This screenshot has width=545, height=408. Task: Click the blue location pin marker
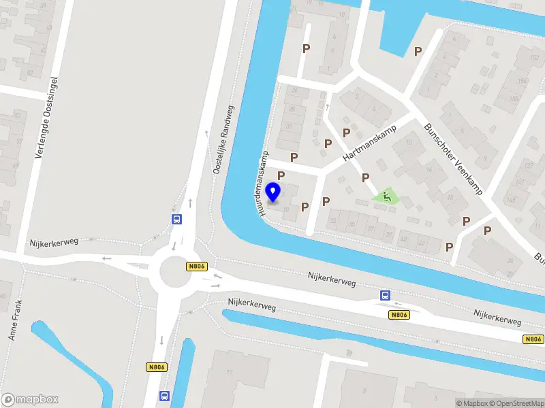tap(275, 192)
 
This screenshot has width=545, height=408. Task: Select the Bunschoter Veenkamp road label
tap(453, 158)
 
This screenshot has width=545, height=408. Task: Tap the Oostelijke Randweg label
tap(223, 139)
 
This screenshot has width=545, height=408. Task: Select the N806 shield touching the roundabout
tap(196, 267)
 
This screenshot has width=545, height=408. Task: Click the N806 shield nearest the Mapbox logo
tap(157, 367)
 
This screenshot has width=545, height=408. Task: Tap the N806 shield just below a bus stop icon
tap(399, 315)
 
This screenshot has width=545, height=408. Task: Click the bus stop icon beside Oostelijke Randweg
tap(176, 219)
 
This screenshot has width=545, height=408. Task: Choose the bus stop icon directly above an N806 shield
tap(385, 295)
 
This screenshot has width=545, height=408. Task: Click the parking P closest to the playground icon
tap(366, 177)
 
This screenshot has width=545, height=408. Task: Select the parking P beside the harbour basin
tap(418, 51)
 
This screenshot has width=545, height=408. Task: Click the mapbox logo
tap(30, 400)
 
